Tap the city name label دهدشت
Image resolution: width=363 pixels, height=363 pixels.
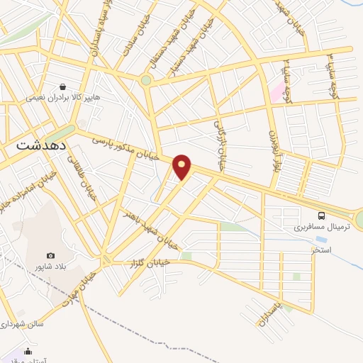(x=40, y=143)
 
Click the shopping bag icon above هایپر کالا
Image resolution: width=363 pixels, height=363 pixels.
(x=65, y=86)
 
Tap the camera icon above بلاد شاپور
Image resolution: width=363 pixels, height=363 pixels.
(x=50, y=255)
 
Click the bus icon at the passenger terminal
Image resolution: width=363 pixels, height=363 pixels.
(x=321, y=215)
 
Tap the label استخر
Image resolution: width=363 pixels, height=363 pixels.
(x=321, y=250)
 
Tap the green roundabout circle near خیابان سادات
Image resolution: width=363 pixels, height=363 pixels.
(x=146, y=80)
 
